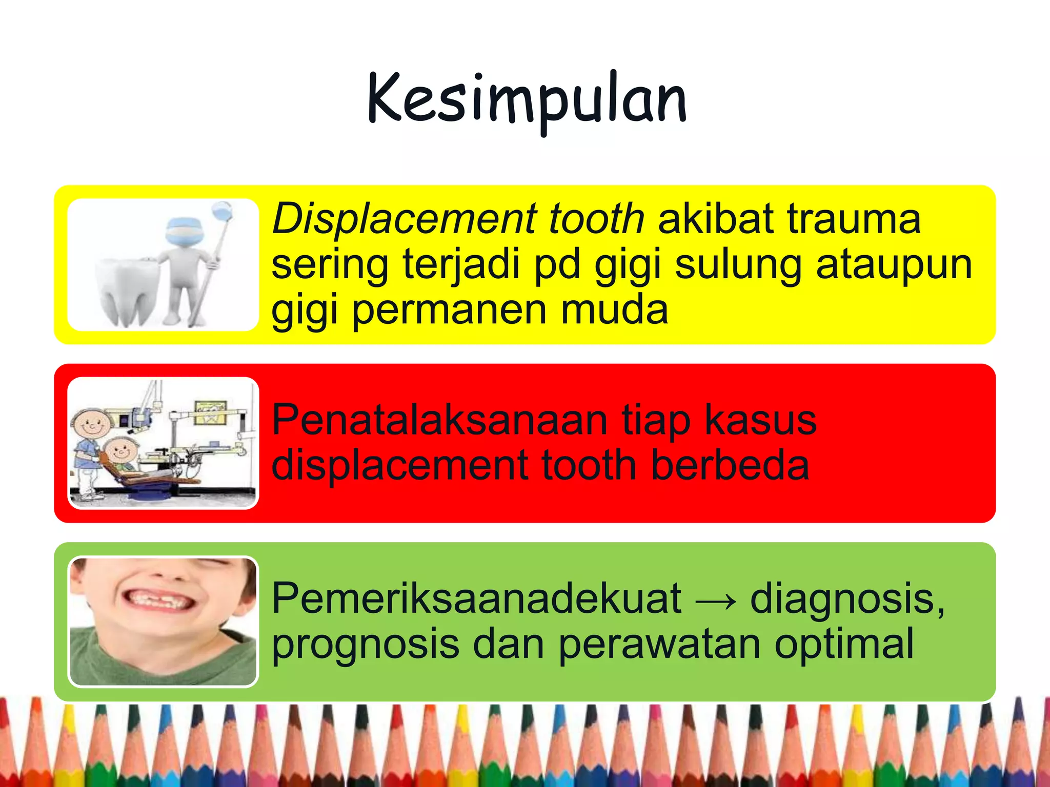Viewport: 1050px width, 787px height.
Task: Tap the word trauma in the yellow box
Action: [854, 219]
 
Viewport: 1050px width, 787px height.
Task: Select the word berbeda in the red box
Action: [730, 465]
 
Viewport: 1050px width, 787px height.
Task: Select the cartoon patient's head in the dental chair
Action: [122, 451]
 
